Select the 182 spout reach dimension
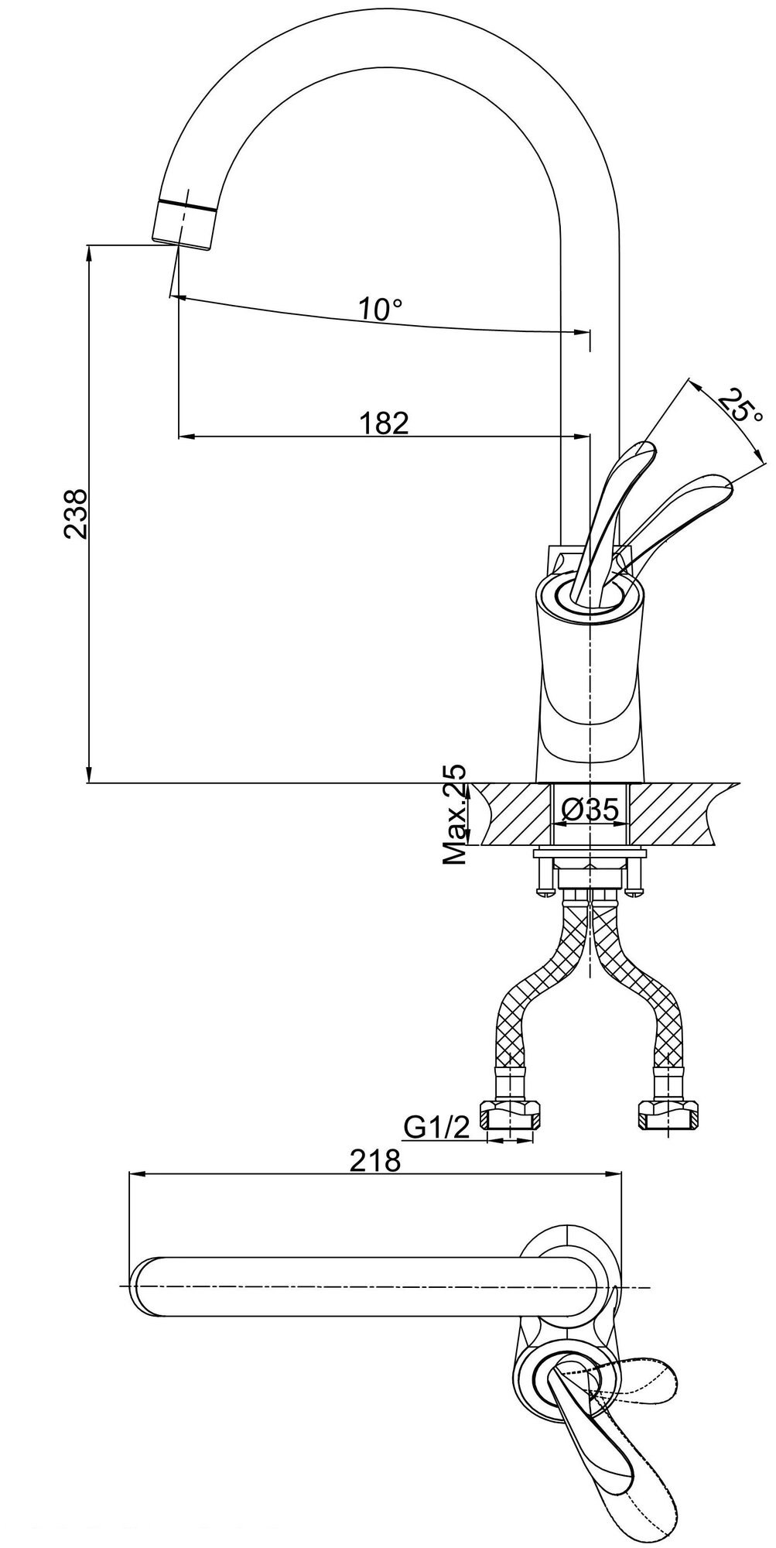[x=383, y=423]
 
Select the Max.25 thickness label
[x=456, y=815]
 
